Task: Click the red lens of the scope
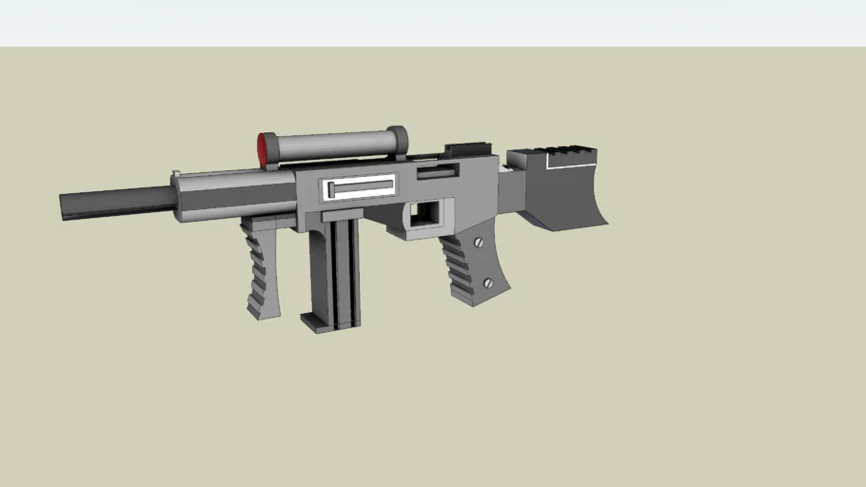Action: click(263, 150)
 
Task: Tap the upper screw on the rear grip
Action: click(478, 243)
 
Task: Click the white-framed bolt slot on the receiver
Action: click(361, 188)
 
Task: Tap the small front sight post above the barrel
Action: click(176, 173)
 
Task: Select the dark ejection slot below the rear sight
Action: click(437, 173)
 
